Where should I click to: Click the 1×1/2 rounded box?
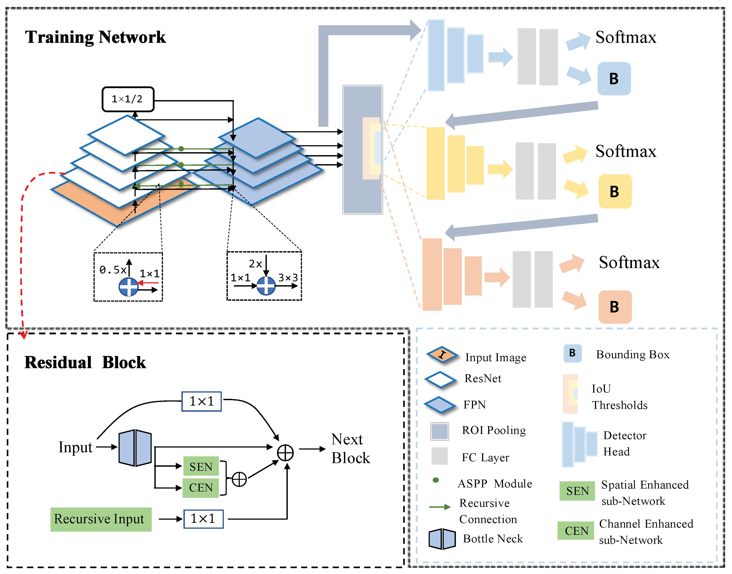128,99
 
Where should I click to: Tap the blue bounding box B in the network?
614,79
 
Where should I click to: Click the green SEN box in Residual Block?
201,466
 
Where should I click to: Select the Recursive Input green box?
101,519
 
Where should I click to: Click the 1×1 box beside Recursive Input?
203,519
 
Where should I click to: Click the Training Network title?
95,37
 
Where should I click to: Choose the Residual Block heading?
85,362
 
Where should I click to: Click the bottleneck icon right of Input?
135,448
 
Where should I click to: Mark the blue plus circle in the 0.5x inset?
129,287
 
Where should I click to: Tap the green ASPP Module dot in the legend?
436,480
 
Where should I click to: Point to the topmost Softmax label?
625,37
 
